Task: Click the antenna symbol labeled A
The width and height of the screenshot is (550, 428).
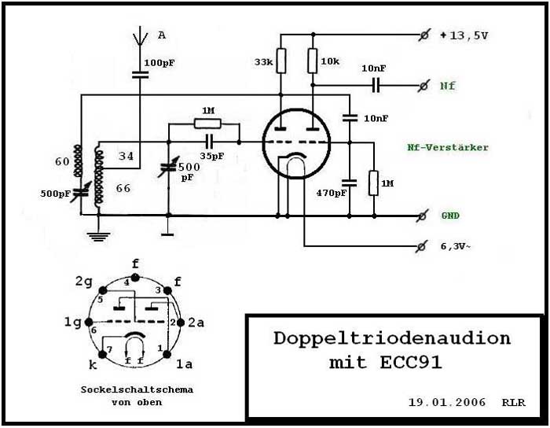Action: pyautogui.click(x=140, y=36)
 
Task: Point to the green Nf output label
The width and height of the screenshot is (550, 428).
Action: pyautogui.click(x=446, y=85)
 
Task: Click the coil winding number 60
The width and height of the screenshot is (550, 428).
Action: pyautogui.click(x=61, y=161)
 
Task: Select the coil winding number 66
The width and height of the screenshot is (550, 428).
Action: pyautogui.click(x=123, y=189)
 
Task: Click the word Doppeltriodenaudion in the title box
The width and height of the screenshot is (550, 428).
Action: pyautogui.click(x=392, y=339)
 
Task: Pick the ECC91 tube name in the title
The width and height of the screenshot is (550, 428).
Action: pyautogui.click(x=413, y=363)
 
